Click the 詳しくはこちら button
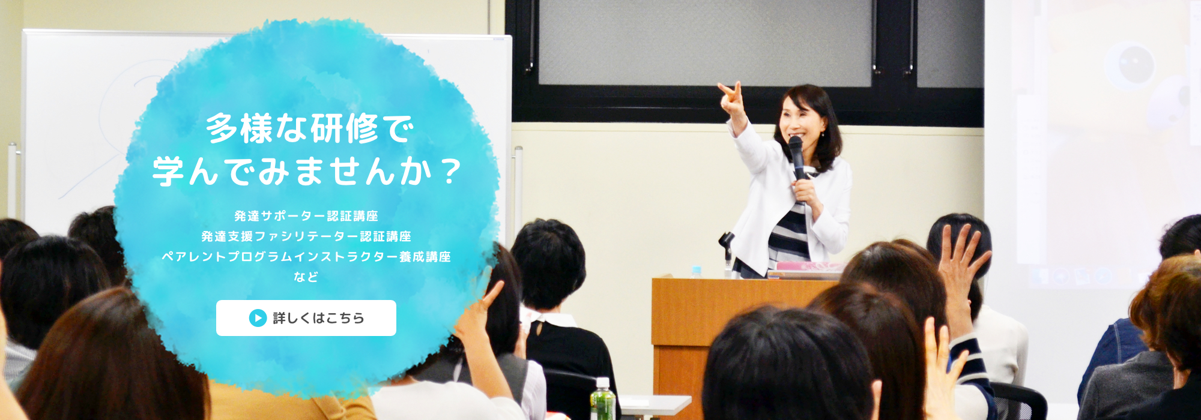pos(306,318)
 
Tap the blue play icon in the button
pos(258,318)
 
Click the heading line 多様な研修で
pos(310,128)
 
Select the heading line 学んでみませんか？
pos(306,171)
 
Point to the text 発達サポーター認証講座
pos(306,216)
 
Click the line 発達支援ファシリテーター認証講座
pos(306,236)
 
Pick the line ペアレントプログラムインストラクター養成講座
pos(306,257)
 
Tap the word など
pos(306,277)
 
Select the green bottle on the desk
pos(602,399)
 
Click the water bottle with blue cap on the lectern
pos(696,272)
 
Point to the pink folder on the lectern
pos(808,266)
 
